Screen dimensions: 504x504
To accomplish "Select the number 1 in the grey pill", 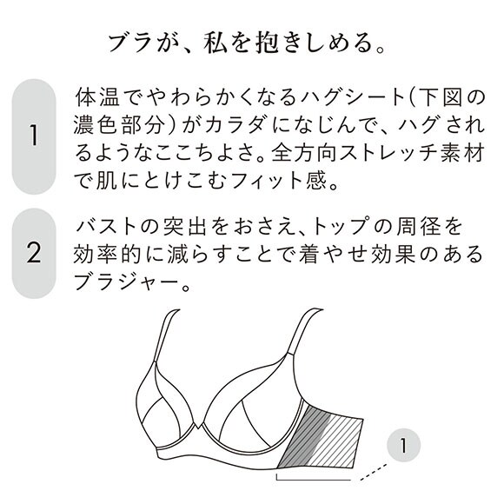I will pos(34,136).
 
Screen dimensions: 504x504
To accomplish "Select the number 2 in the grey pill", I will pos(34,254).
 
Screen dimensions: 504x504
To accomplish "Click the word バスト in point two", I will pos(109,226).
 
